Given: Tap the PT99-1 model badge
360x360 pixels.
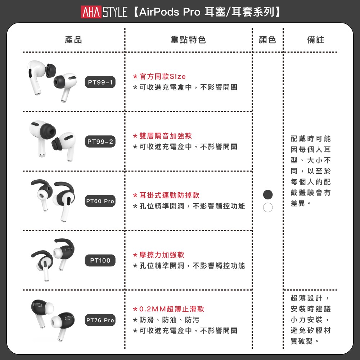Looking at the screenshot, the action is coord(100,82).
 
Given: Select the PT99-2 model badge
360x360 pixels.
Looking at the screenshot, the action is coord(100,141).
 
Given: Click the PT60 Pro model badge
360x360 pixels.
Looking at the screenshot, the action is coord(100,201).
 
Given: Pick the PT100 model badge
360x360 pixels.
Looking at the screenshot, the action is coord(100,260).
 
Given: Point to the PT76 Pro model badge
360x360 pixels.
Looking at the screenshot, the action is coord(100,320).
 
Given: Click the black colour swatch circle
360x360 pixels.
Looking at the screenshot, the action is coord(268,194).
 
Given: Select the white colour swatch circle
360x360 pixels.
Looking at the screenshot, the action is coord(268,207).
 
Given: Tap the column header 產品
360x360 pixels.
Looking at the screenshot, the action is coord(73,40).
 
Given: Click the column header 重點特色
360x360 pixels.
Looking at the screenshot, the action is coord(188,40).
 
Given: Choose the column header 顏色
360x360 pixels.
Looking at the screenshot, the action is coord(267,40).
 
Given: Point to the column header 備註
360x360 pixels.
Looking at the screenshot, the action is coord(316,40).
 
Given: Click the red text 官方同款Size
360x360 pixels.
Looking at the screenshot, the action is coord(163,76).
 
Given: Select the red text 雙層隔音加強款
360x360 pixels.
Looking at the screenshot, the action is coord(166,136).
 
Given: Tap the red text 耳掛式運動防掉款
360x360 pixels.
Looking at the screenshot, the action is coord(170,195).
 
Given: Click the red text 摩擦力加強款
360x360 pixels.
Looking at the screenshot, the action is coord(162,255).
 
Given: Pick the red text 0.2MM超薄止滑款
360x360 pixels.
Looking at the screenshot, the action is coord(172,309).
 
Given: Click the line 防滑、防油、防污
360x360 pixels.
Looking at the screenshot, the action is coord(170,320).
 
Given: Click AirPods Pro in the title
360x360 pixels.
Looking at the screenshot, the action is coord(170,12).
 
